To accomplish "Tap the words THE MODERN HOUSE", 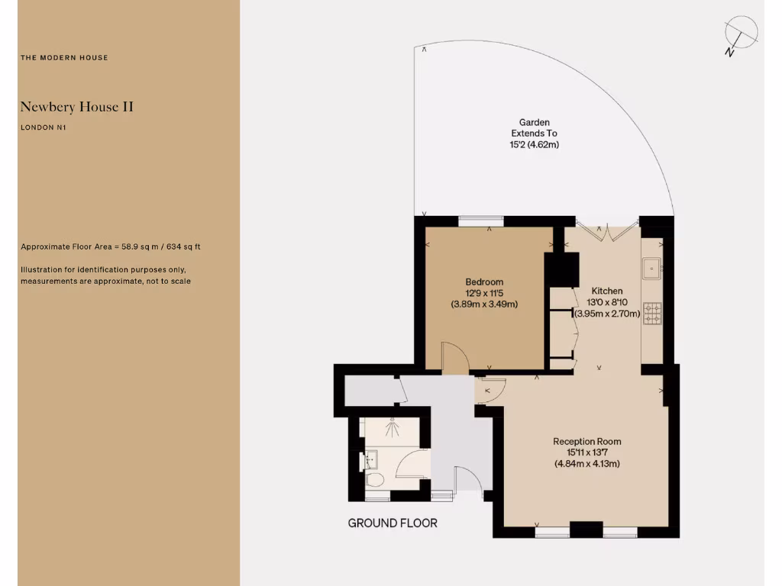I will (64, 58).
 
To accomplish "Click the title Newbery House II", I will (76, 107).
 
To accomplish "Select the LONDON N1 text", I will (44, 127).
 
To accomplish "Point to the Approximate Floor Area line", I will (111, 247).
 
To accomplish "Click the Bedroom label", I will (484, 282).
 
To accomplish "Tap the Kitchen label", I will (607, 291).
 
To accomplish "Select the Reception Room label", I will (586, 441).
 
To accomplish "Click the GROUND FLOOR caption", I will (393, 523).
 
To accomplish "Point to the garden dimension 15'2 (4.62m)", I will (535, 144).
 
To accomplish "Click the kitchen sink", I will (651, 269).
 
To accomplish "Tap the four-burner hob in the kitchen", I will (653, 314).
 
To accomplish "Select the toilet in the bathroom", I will (374, 481).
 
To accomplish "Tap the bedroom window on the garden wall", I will (481, 221).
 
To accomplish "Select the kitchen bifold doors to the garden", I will (607, 230).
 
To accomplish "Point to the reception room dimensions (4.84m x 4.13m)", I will (586, 463).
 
